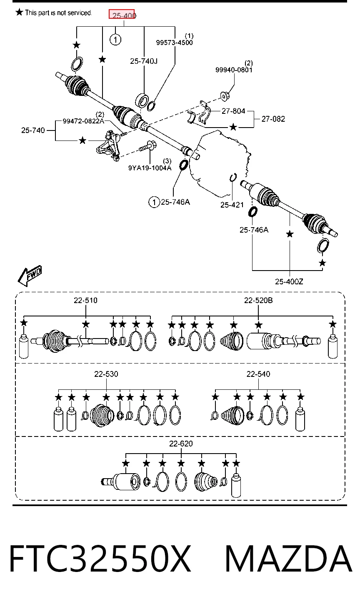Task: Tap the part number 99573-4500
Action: [x=174, y=43]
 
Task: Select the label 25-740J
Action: [x=144, y=61]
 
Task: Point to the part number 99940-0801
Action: [x=234, y=70]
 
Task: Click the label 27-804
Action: [x=233, y=111]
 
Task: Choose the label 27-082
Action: [x=273, y=119]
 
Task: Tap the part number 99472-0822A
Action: [x=83, y=121]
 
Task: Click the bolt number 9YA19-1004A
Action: [x=150, y=168]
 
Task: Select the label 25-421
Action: [x=232, y=205]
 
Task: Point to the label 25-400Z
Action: [x=289, y=282]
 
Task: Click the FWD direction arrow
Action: [x=30, y=276]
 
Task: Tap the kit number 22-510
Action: [x=85, y=300]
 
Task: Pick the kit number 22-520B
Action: [x=258, y=300]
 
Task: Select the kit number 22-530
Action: [x=106, y=374]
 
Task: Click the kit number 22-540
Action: [x=258, y=374]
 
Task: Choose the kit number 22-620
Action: [x=181, y=444]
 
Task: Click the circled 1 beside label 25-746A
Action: [x=154, y=202]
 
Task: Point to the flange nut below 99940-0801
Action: [x=225, y=96]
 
